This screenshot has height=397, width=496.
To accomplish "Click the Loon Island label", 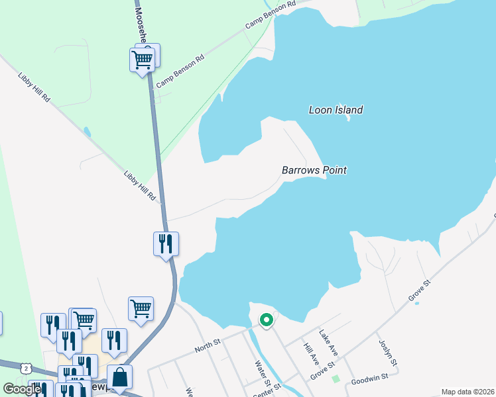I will click(336, 110).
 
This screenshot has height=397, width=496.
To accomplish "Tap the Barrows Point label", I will click(314, 170).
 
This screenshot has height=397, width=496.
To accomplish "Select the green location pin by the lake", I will click(267, 320).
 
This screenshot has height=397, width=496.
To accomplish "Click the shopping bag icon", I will click(119, 377).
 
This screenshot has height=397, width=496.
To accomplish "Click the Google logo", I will click(21, 389).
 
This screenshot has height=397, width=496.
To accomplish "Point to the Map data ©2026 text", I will click(467, 392).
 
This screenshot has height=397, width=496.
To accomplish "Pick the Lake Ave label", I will click(328, 343).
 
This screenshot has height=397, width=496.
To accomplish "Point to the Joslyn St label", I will click(387, 353).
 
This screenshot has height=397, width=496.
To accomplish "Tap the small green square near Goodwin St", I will click(336, 379).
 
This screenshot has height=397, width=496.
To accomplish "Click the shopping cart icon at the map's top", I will click(143, 60).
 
